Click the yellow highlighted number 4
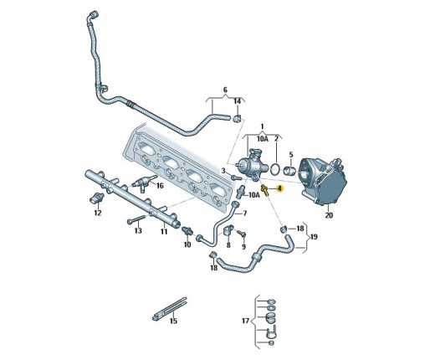pyautogui.click(x=279, y=189)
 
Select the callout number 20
pyautogui.click(x=329, y=215)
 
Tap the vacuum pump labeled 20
pyautogui.click(x=323, y=182)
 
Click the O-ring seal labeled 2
pyautogui.click(x=275, y=169)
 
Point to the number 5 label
pyautogui.click(x=291, y=154)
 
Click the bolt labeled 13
pyautogui.click(x=136, y=219)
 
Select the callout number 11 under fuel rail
pyautogui.click(x=164, y=231)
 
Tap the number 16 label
pyautogui.click(x=160, y=186)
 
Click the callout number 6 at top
pyautogui.click(x=225, y=90)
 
